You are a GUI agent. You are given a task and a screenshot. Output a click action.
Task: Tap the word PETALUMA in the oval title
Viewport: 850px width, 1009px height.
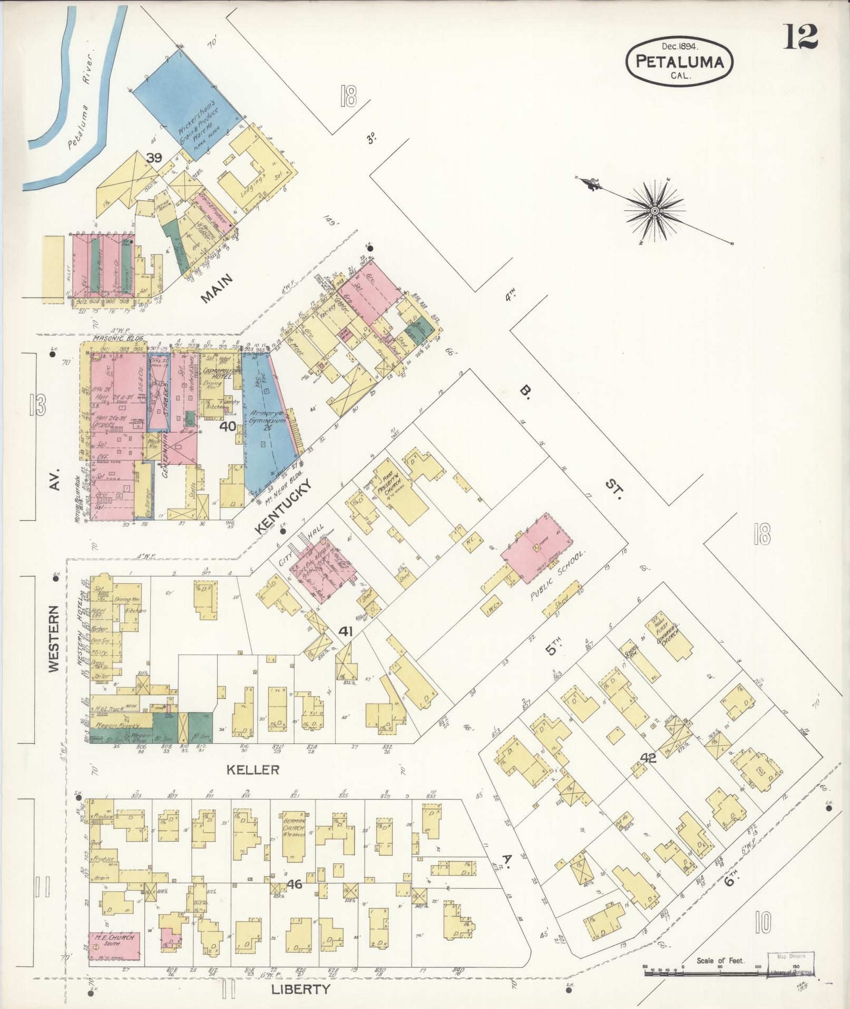(678, 62)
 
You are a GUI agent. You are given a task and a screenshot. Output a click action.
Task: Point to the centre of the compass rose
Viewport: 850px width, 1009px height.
(654, 210)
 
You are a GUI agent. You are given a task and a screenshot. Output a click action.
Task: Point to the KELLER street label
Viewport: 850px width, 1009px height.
(252, 770)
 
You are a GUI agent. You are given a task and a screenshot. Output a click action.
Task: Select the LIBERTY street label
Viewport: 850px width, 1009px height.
(301, 989)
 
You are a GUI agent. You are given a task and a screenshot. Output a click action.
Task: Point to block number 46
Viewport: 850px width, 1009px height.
(294, 885)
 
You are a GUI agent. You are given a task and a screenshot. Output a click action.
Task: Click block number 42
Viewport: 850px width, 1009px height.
(648, 758)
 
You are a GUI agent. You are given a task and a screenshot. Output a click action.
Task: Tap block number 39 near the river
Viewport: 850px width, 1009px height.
(154, 158)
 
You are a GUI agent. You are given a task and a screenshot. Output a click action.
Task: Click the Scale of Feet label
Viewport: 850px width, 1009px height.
(720, 960)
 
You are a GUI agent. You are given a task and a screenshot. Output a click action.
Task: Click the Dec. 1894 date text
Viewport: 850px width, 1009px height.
(678, 46)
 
